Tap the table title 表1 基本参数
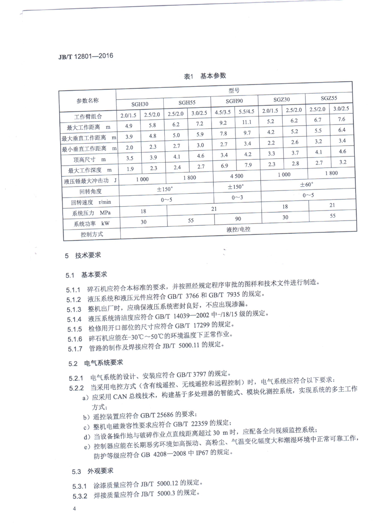pos(205,76)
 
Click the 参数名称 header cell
pos(87,101)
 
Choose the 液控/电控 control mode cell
pos(238,230)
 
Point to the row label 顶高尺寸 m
pos(90,158)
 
